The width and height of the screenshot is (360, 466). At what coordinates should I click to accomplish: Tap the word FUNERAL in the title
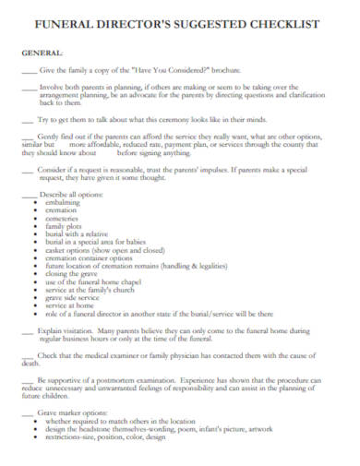(x=61, y=27)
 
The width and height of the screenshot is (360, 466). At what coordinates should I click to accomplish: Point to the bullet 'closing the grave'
(x=72, y=274)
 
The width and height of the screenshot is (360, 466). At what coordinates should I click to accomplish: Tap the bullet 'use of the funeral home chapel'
(x=93, y=282)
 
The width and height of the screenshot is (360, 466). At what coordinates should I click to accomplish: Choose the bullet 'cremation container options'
(x=90, y=258)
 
